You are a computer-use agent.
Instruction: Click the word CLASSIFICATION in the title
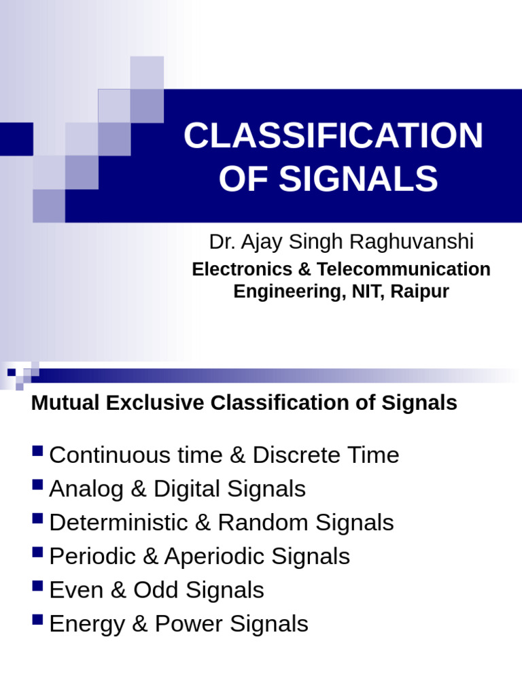[x=333, y=136]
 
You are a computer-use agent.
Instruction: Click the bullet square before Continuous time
[x=38, y=451]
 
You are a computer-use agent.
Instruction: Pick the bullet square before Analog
[x=38, y=485]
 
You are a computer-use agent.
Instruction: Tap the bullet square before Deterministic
[x=38, y=519]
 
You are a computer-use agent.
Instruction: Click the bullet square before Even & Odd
[x=38, y=587]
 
